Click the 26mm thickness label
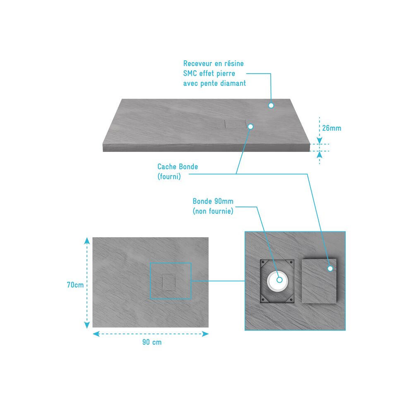tap(332, 128)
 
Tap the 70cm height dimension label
tap(75, 285)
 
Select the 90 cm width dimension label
tap(152, 342)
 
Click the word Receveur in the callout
tap(198, 63)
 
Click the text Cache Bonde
tap(178, 166)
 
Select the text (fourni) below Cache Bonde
tap(169, 176)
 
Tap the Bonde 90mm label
tap(213, 201)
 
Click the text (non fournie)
tap(213, 211)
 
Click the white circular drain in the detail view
tap(277, 281)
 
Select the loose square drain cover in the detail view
tap(319, 281)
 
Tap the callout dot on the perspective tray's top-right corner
tap(271, 105)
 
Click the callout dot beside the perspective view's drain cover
tap(250, 127)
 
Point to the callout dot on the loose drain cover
tap(330, 269)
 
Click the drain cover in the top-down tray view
tap(169, 282)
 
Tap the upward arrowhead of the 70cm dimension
tap(87, 241)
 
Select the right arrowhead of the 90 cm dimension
tap(205, 334)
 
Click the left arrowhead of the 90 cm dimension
tap(96, 334)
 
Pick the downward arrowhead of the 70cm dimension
tap(87, 325)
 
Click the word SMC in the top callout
tap(190, 73)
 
